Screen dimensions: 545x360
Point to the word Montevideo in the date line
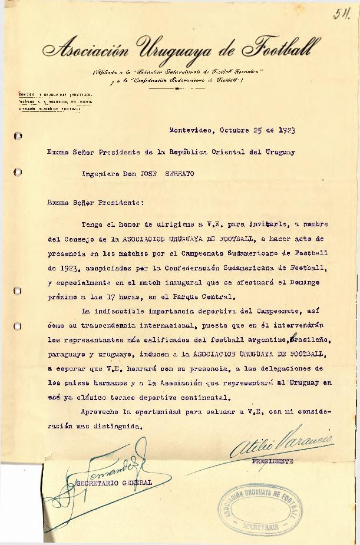click(x=191, y=130)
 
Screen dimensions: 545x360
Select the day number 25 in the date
click(x=257, y=130)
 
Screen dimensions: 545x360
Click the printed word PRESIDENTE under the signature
click(x=272, y=461)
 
